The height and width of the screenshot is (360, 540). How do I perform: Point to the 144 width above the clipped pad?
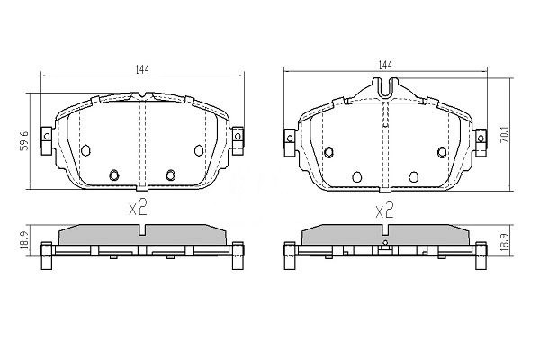pyautogui.click(x=385, y=65)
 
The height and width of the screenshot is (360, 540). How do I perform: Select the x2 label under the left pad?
pyautogui.click(x=139, y=209)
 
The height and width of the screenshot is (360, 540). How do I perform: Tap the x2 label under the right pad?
pyautogui.click(x=384, y=210)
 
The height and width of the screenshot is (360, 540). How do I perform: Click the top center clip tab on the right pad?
pyautogui.click(x=385, y=88)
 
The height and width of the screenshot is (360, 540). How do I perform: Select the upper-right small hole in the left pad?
pyautogui.click(x=199, y=149)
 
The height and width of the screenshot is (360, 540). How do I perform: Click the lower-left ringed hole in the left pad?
pyautogui.click(x=114, y=175)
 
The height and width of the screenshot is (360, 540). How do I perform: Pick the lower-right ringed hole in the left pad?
pyautogui.click(x=171, y=175)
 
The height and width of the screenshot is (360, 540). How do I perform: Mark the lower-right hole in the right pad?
pyautogui.click(x=415, y=175)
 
